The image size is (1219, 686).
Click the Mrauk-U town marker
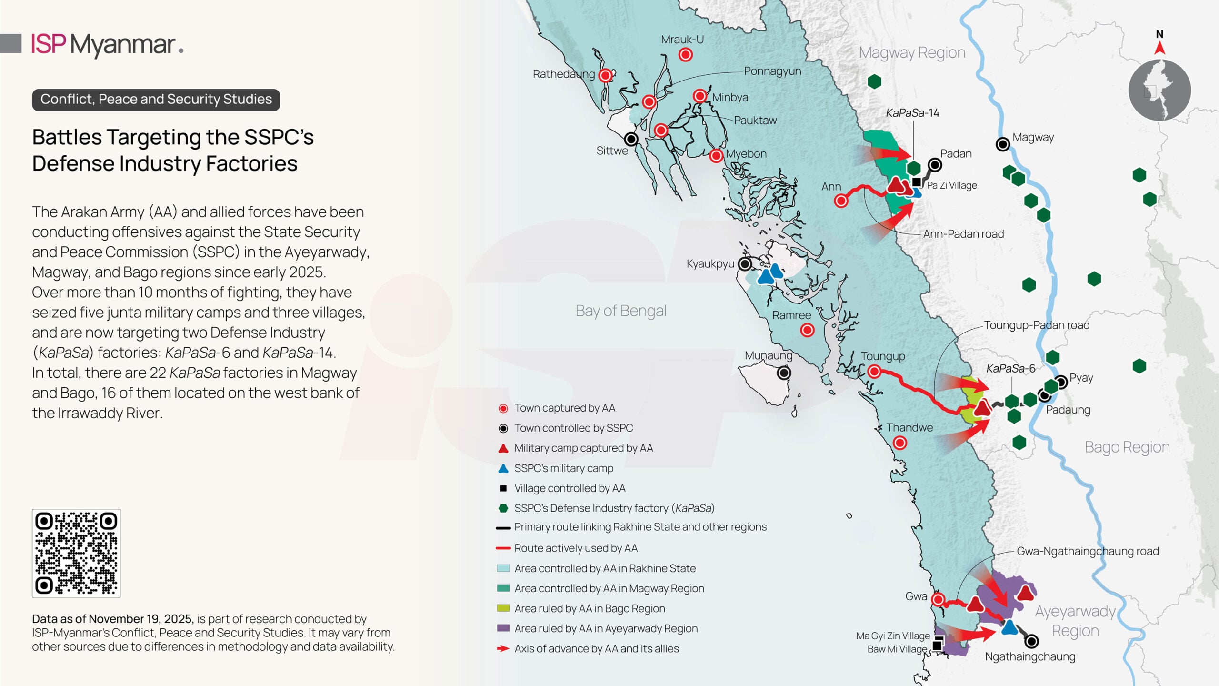pos(685,55)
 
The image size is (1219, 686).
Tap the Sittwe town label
pos(612,151)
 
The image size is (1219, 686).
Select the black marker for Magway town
pos(1002,144)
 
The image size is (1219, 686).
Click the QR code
pos(76,553)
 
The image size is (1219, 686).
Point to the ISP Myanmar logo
pos(107,44)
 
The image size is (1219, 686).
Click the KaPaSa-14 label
pos(912,113)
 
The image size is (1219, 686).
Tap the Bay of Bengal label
pos(620,311)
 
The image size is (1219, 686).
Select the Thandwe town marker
pos(899,443)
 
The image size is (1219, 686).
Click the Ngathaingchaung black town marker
pos(1031,641)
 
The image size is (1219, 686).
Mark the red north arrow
pos(1159,48)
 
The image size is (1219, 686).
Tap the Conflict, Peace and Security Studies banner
pos(156,100)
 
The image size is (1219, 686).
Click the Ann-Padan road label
pos(963,234)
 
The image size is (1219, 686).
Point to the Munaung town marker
pos(784,373)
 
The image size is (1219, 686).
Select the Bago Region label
pos(1127,447)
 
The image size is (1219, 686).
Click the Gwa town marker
pos(938,599)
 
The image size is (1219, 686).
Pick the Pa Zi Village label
pos(951,185)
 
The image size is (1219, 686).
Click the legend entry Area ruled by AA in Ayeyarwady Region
pos(606,628)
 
